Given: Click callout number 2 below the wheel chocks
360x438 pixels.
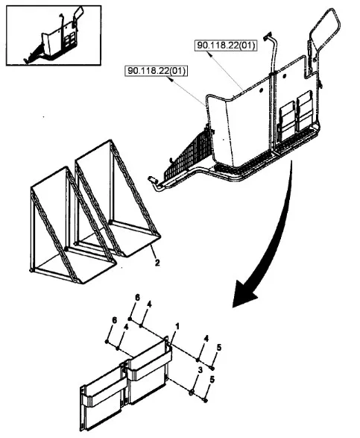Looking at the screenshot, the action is coord(157,263).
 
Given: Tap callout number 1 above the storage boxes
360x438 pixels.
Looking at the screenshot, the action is coord(177,326).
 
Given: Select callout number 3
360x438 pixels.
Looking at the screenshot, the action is coord(200,371).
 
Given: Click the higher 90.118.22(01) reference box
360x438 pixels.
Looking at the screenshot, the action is coord(226,45).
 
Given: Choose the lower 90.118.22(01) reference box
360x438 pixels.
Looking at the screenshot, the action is coord(157,71).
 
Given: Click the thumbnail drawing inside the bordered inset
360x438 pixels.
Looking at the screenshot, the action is coord(54,36).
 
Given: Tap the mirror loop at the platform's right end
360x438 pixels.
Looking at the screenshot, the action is coord(324,42).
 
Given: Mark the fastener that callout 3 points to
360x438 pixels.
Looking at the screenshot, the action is coord(192,392).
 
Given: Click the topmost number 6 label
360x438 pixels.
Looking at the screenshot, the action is coord(137,298).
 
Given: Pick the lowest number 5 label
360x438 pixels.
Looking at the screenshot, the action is coord(212,380).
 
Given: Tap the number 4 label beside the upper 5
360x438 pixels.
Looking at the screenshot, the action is coord(206,339).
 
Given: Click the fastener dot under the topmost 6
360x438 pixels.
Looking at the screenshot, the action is coord(130,319).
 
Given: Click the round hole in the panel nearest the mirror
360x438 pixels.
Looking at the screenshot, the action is coord(285,76).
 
